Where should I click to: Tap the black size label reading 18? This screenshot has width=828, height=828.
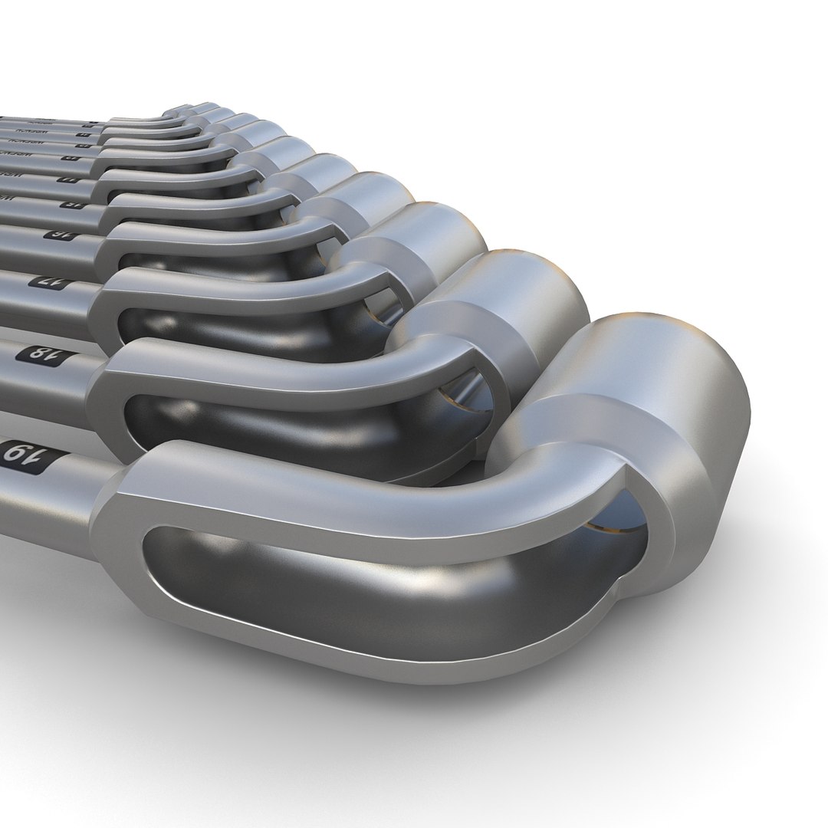(36, 353)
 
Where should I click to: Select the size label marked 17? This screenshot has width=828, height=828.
(46, 281)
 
